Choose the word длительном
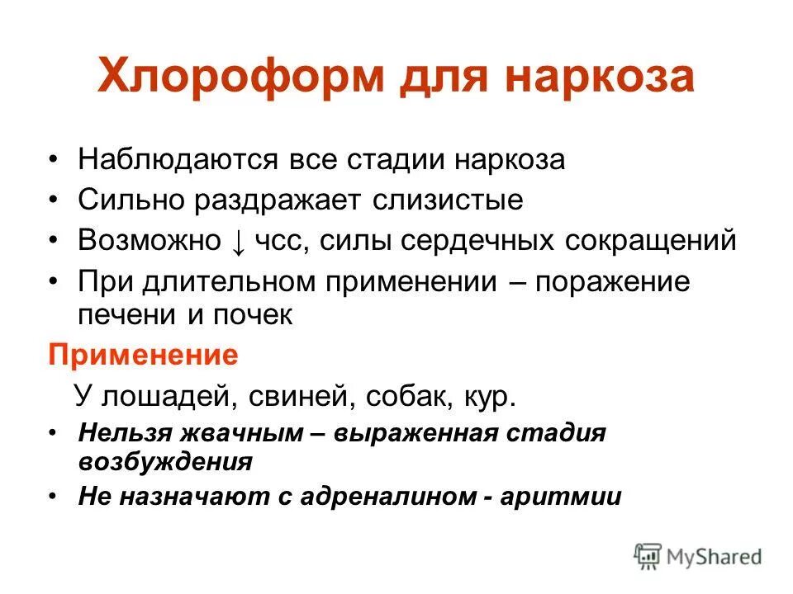(221, 282)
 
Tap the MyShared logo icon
(648, 555)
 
